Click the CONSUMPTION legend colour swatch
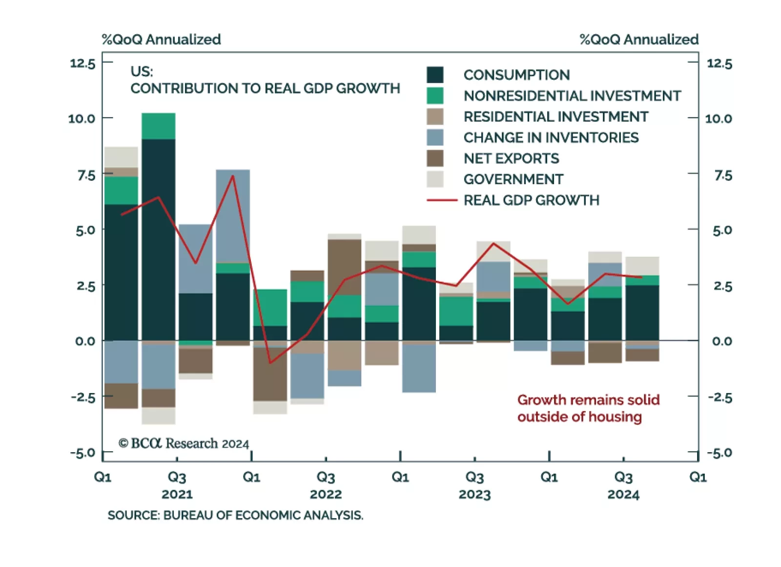[x=435, y=75]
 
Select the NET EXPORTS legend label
[x=511, y=158]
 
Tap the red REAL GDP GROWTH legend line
[x=442, y=200]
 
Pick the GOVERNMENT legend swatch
[x=435, y=179]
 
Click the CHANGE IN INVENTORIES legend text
[x=551, y=138]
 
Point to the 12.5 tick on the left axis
[x=83, y=63]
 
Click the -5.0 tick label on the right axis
[x=719, y=453]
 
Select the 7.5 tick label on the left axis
[x=86, y=175]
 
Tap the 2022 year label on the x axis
[x=326, y=494]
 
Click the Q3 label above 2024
[x=623, y=477]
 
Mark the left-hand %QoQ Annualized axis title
[x=161, y=39]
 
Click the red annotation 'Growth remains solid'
[x=588, y=400]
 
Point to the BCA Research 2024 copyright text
[x=184, y=443]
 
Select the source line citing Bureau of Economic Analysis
[x=235, y=515]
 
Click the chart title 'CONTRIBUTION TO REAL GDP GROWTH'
[x=265, y=88]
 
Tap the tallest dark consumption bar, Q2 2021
[x=159, y=239]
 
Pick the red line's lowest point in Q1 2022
[x=270, y=363]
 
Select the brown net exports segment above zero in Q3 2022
[x=345, y=267]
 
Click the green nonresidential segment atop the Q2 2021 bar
[x=159, y=126]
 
